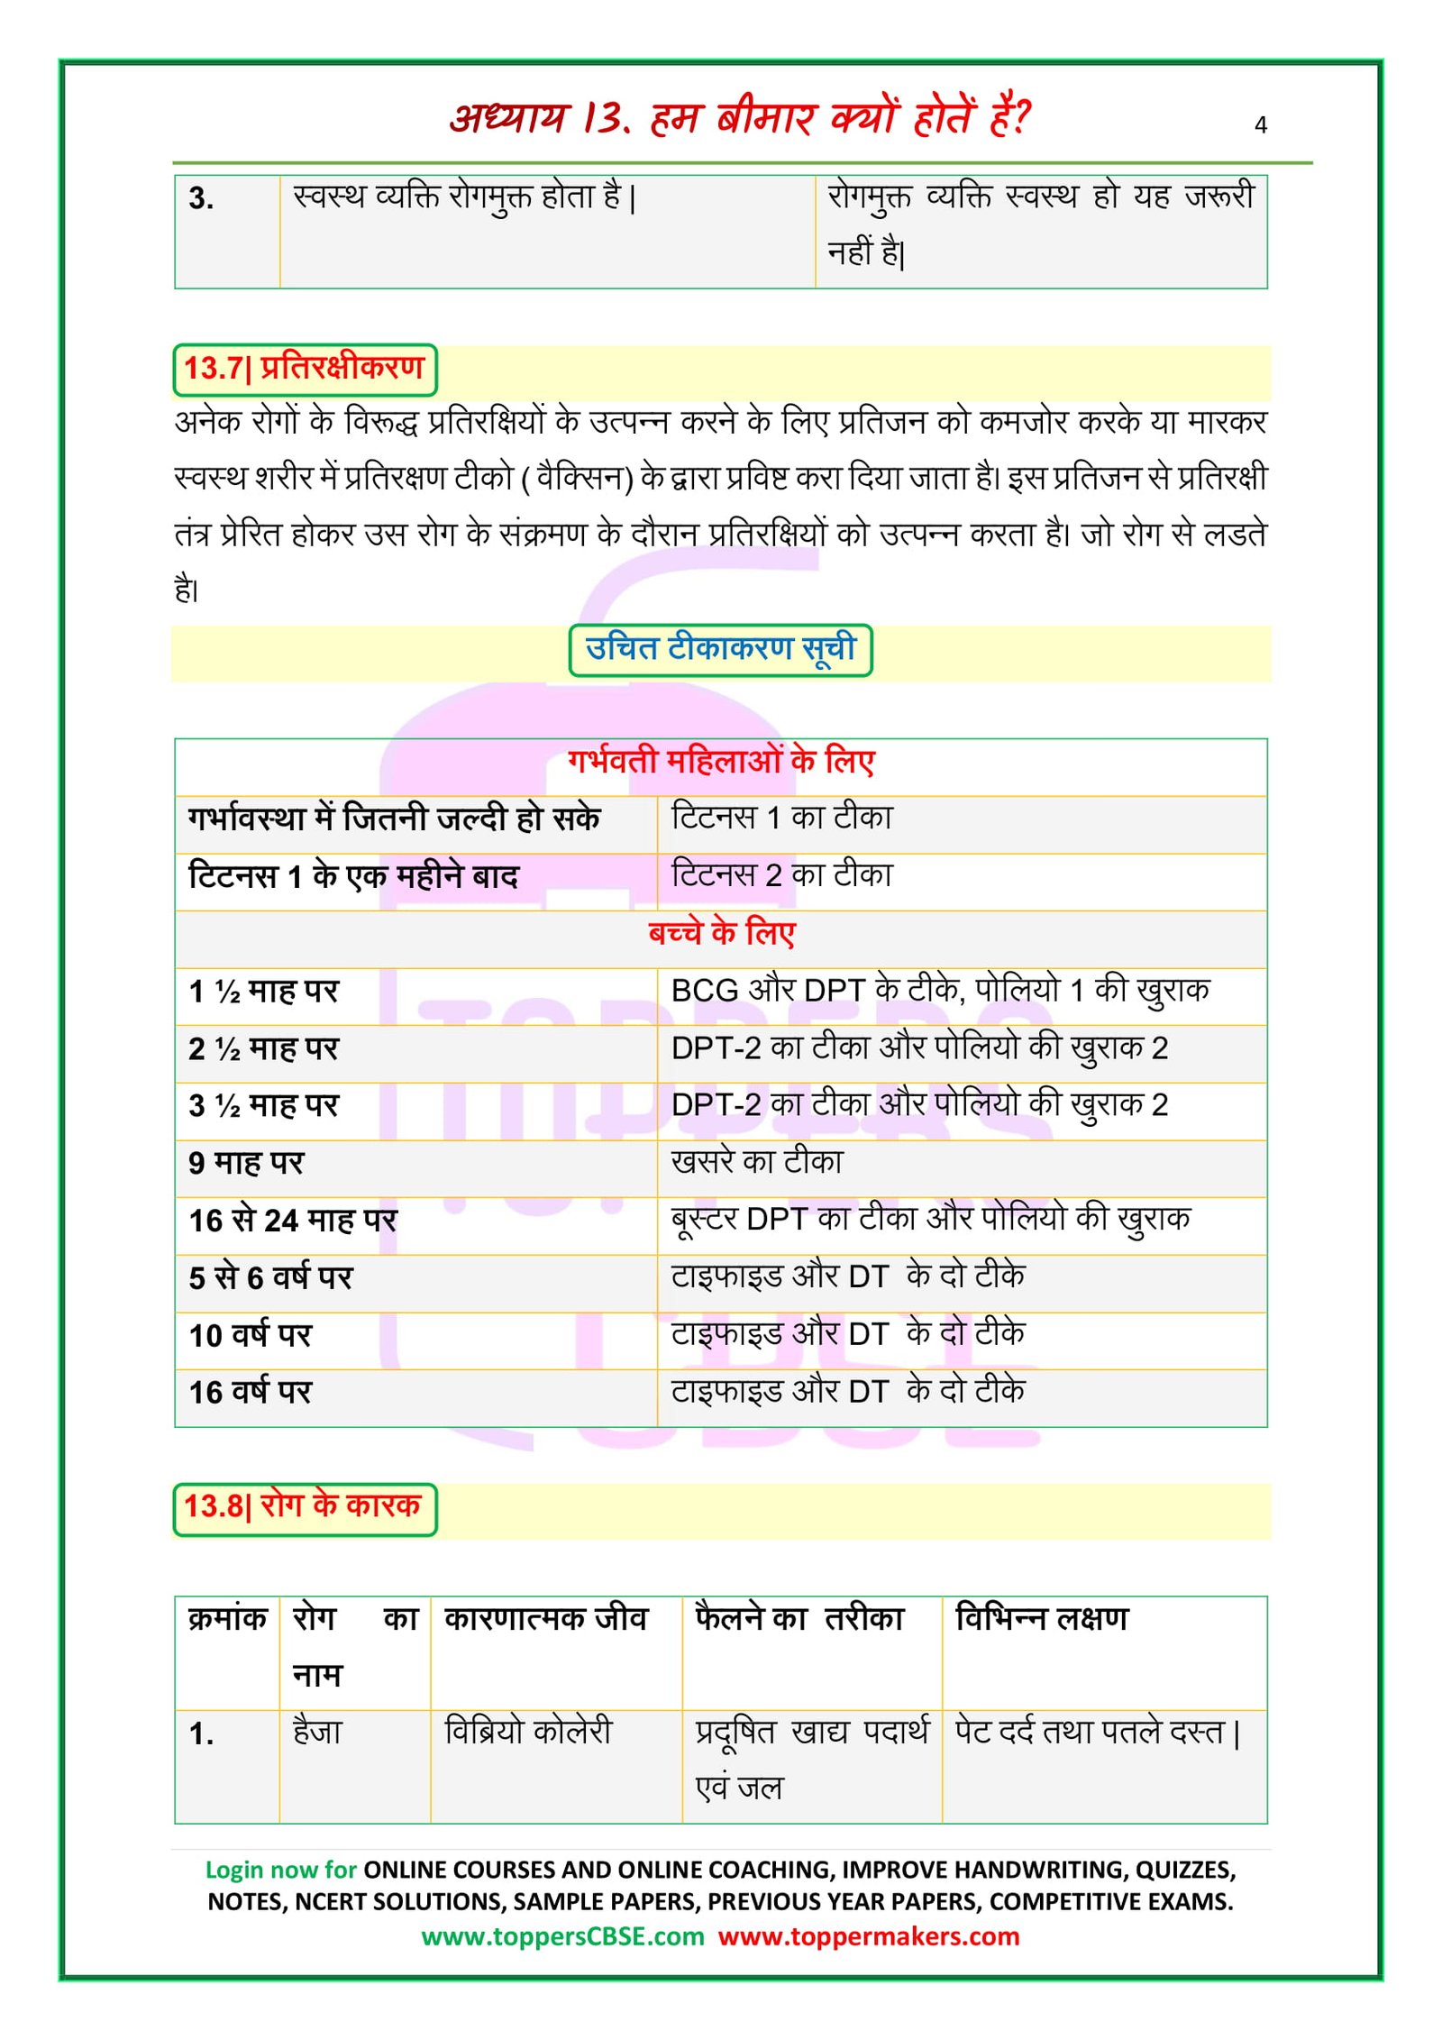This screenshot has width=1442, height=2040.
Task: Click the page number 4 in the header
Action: click(1260, 124)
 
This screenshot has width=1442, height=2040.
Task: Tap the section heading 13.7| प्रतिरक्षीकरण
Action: click(305, 369)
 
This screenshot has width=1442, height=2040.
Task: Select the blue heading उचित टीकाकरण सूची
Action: click(720, 649)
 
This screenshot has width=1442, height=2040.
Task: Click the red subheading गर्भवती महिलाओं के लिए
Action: click(721, 763)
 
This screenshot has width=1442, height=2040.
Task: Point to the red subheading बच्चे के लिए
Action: click(721, 933)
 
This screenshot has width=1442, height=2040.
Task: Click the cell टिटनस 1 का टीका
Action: click(781, 818)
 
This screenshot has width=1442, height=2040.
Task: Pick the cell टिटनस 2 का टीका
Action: click(781, 875)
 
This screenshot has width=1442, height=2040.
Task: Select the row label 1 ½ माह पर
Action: click(263, 992)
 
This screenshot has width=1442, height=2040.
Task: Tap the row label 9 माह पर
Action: click(246, 1164)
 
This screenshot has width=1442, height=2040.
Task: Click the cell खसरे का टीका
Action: click(757, 1163)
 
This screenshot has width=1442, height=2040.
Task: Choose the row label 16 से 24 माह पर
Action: click(293, 1221)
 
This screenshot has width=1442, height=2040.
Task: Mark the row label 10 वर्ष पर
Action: click(250, 1335)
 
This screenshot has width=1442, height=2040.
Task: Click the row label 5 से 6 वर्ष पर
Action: click(270, 1278)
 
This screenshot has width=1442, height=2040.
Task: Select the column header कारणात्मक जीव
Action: click(546, 1620)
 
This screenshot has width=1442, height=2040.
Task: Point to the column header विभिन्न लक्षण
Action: click(1041, 1620)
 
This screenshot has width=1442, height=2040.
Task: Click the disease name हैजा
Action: click(317, 1733)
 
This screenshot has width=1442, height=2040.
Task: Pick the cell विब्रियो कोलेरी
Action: click(528, 1733)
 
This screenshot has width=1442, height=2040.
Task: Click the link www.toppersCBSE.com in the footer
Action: click(562, 1936)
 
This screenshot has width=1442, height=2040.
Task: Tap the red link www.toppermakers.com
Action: click(869, 1936)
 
